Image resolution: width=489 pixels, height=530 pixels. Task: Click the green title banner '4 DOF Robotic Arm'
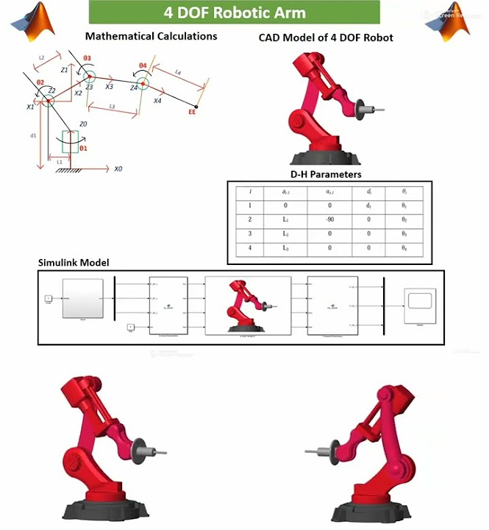click(234, 13)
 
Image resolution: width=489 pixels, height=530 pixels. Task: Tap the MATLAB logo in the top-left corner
click(27, 16)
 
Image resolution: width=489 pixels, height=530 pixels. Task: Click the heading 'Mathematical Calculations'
click(151, 36)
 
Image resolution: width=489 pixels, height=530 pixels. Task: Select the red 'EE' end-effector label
click(192, 113)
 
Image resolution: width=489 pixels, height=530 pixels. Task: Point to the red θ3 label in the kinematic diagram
click(88, 58)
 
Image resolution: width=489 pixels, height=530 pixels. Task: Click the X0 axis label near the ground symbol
click(118, 169)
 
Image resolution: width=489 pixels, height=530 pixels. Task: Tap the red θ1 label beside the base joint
click(83, 149)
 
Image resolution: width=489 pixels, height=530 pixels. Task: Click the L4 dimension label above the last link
click(179, 71)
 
